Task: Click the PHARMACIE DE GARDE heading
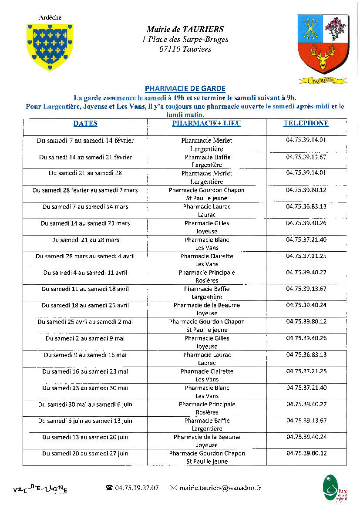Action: coord(185,89)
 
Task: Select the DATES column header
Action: coord(85,124)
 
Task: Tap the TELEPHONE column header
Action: coord(306,123)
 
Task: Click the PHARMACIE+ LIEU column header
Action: coord(206,124)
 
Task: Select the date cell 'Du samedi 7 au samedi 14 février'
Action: coord(85,141)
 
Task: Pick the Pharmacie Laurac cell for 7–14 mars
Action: coord(207,211)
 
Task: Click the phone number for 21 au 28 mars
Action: coord(306,240)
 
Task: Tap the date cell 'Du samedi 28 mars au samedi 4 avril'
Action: coord(85,256)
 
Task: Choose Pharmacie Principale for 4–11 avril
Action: coord(207,277)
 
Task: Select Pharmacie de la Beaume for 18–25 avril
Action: coord(207,309)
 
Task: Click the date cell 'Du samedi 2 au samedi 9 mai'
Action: coord(85,338)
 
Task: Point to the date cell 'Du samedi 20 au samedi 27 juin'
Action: coord(85,453)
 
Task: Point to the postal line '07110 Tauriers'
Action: coord(185,49)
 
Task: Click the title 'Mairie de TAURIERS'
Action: coord(185,30)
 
